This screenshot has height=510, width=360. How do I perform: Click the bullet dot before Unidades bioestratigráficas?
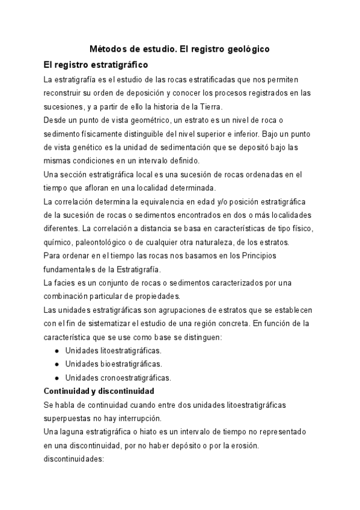tap(56, 364)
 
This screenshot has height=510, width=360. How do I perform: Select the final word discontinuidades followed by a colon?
tap(75, 459)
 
